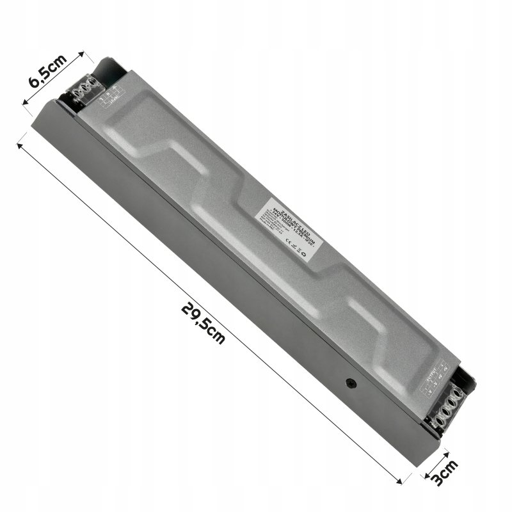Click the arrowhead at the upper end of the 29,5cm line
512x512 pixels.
click(21, 146)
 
